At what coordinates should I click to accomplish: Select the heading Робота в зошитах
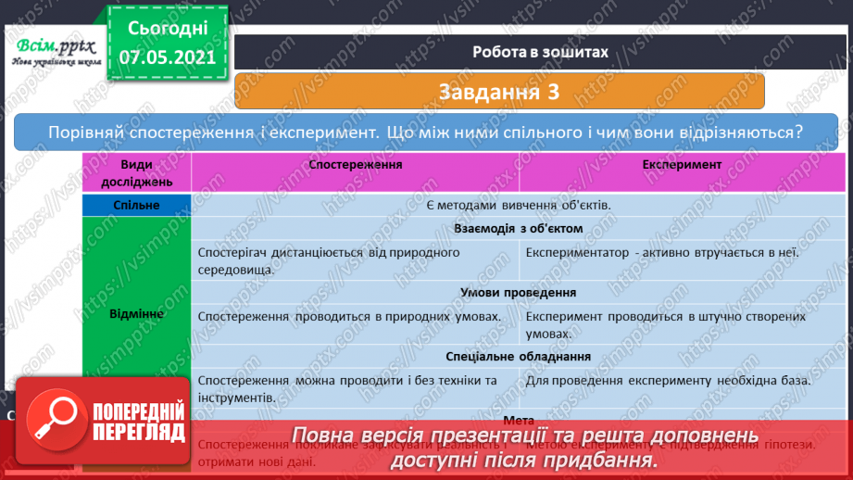[x=539, y=52]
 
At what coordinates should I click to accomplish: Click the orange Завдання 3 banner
[x=499, y=92]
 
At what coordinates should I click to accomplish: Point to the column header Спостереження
[x=356, y=164]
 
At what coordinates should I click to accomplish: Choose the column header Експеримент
[x=682, y=164]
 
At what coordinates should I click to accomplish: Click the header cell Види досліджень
[x=136, y=172]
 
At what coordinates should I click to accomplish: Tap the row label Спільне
[x=136, y=205]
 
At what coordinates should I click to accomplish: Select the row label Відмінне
[x=136, y=313]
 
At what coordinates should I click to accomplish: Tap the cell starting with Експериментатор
[x=662, y=252]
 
